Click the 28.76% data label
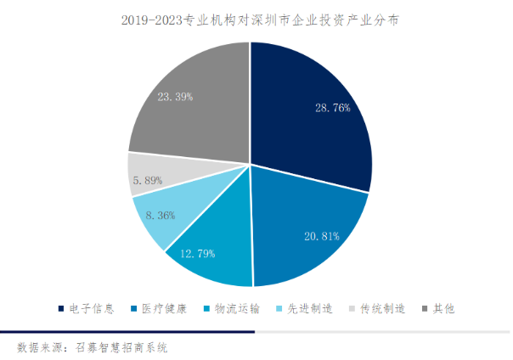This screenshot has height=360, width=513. coord(332,108)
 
